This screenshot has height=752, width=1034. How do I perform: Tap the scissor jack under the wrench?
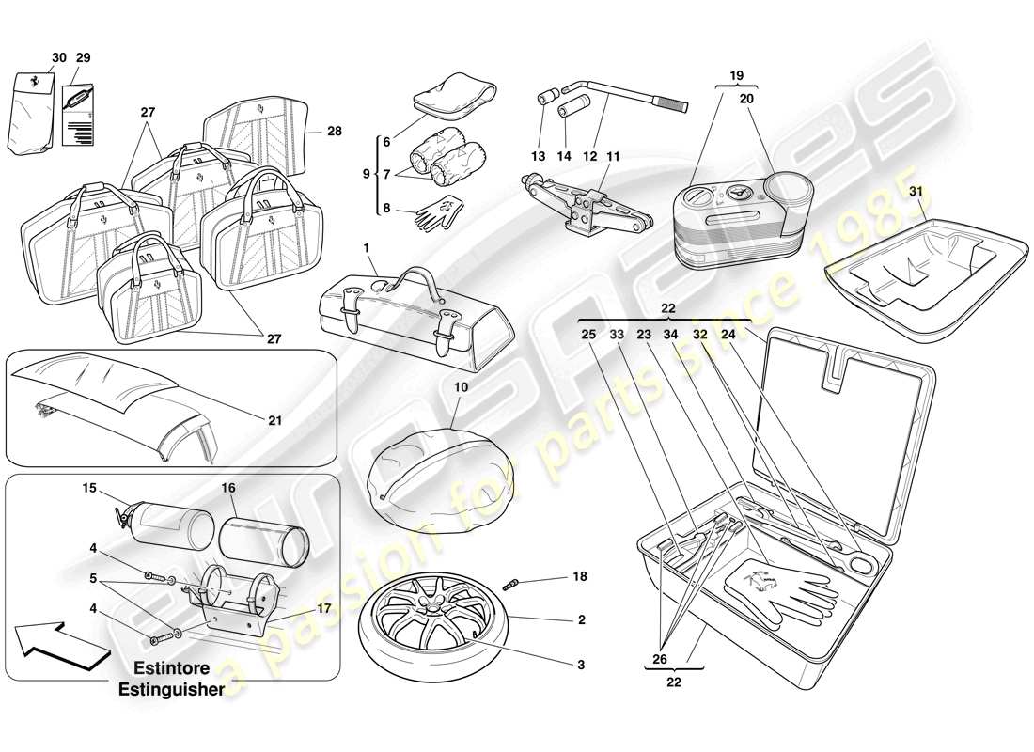point(583,206)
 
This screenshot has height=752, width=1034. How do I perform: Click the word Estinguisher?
point(171,689)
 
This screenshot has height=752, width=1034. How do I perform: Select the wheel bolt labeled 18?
point(516,584)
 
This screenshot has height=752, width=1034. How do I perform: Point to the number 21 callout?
point(274,421)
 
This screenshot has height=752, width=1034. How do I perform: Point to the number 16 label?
point(228,490)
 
